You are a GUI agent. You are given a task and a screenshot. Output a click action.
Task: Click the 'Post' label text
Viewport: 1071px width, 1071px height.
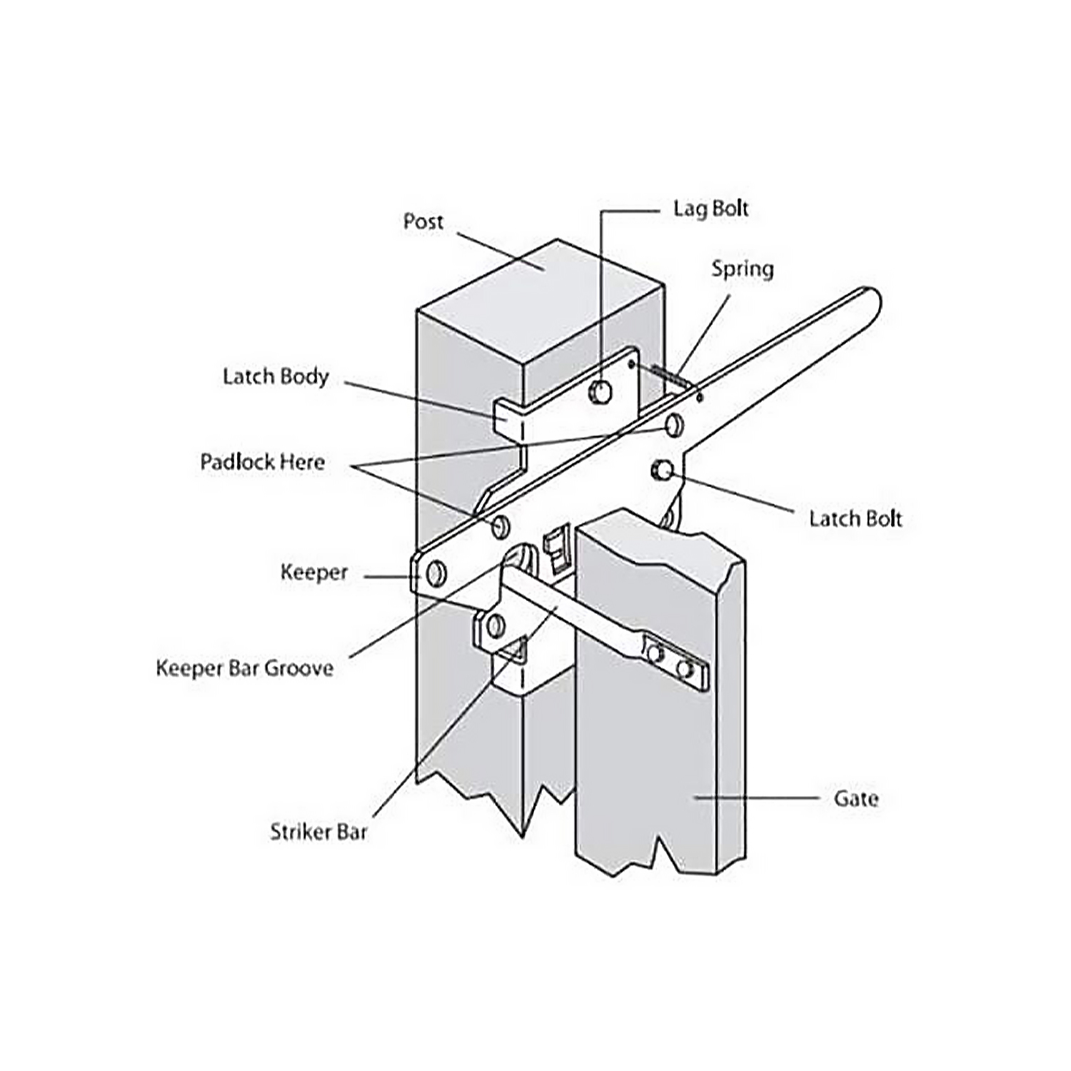[x=423, y=221]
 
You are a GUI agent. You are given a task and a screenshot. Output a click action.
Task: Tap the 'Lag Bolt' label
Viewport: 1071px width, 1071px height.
[x=710, y=209]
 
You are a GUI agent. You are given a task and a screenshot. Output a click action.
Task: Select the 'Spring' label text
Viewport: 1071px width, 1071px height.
[x=742, y=269]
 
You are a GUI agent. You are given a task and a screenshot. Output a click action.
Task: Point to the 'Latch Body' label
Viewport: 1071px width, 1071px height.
[x=276, y=376]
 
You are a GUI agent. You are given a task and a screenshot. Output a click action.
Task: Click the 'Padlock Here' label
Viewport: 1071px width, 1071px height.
[x=262, y=462]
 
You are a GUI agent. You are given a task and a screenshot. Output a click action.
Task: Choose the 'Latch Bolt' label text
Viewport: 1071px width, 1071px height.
[x=855, y=518]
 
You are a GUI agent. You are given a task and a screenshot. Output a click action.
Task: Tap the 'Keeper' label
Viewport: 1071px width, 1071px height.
[x=313, y=572]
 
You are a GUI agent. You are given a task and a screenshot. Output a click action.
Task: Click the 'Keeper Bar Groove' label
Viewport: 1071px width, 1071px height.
[x=244, y=668]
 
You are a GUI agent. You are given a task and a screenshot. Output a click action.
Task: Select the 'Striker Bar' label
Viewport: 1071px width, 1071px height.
[x=318, y=832]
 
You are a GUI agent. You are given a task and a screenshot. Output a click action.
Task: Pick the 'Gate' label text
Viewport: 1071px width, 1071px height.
[x=855, y=798]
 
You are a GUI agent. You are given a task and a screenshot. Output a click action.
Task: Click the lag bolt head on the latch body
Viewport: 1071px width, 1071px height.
[x=600, y=391]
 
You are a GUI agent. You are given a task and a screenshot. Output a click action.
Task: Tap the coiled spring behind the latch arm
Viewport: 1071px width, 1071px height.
[x=668, y=376]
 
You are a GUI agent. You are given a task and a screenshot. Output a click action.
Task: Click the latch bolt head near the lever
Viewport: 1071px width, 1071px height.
[x=661, y=470]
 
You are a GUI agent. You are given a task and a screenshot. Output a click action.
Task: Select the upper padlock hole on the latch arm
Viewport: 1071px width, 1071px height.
[x=673, y=426]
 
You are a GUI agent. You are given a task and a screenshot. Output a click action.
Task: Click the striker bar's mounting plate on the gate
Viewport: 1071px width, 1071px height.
[x=675, y=662]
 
